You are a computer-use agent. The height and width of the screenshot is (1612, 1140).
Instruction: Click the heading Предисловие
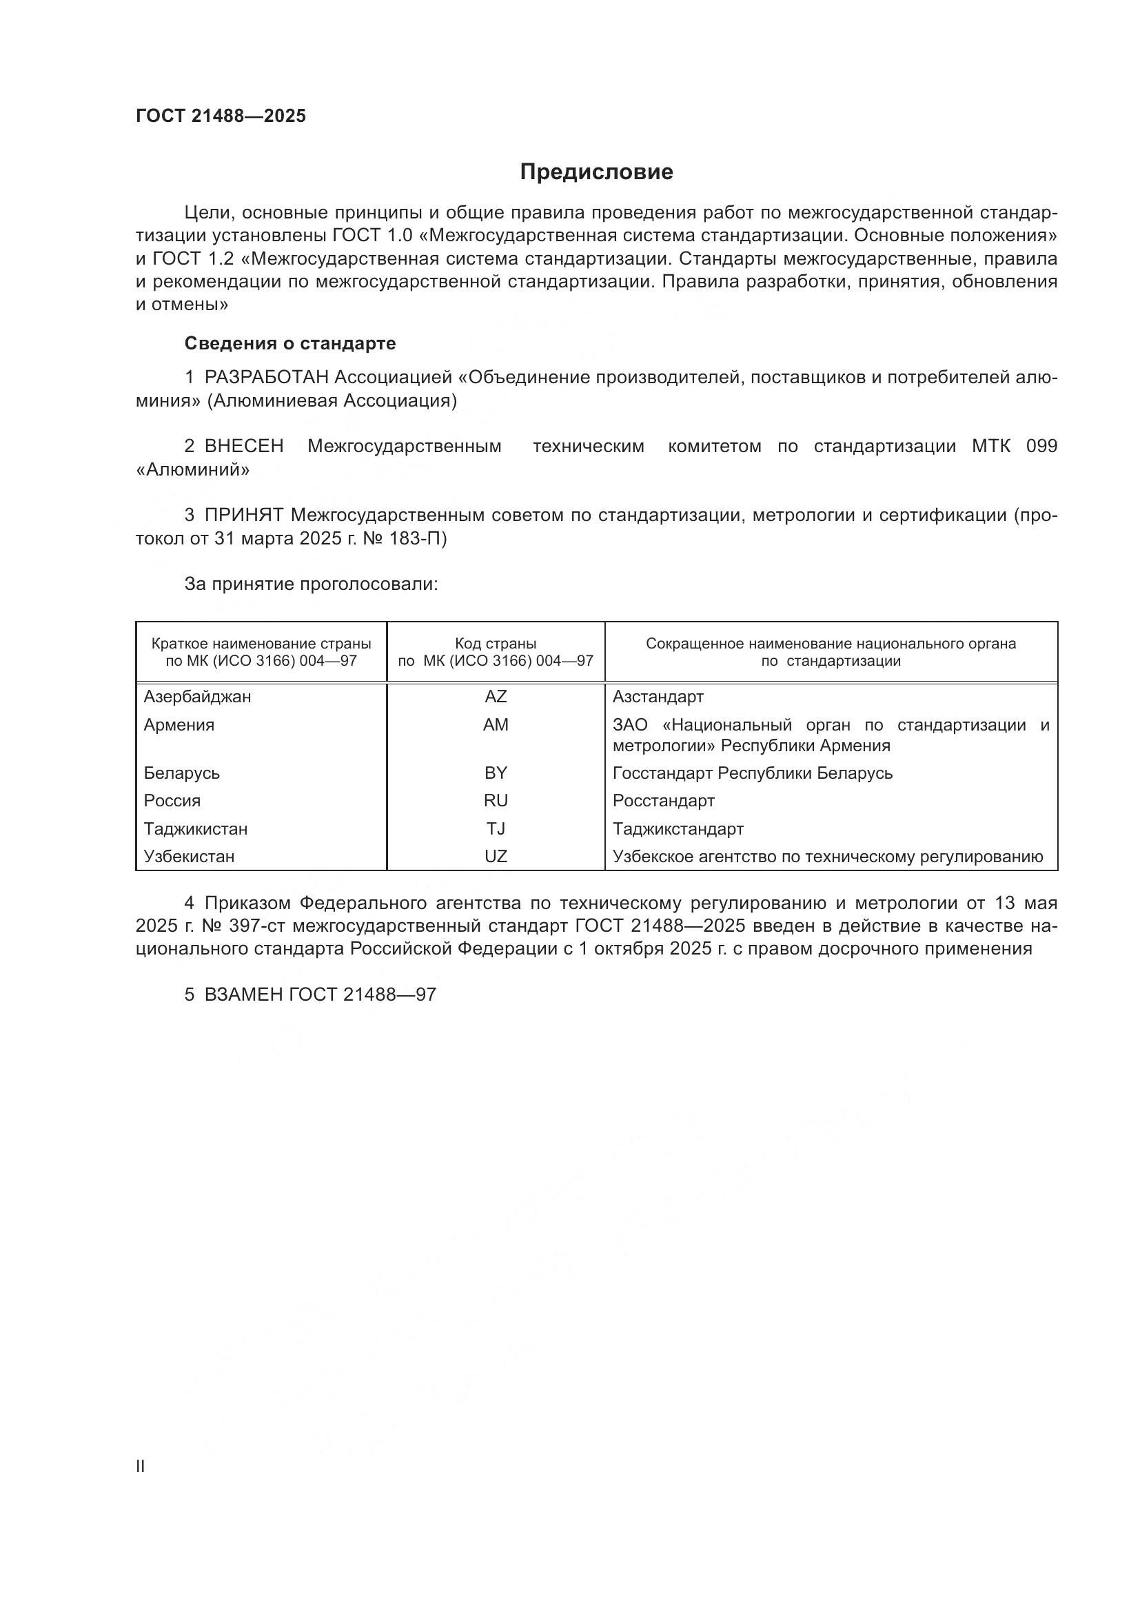pyautogui.click(x=596, y=172)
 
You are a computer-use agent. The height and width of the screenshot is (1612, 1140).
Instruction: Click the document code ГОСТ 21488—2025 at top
pyautogui.click(x=221, y=116)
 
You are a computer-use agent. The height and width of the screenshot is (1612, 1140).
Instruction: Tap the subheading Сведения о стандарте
pyautogui.click(x=290, y=343)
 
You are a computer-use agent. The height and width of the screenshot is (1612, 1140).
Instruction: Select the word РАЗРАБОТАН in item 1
pyautogui.click(x=266, y=378)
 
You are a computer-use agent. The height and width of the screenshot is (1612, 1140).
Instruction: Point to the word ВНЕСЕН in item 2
pyautogui.click(x=243, y=447)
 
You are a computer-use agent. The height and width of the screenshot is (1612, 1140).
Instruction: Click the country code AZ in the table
pyautogui.click(x=496, y=697)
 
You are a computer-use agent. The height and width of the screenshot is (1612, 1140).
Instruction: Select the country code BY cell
pyautogui.click(x=496, y=773)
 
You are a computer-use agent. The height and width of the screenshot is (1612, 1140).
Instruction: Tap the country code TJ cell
pyautogui.click(x=496, y=828)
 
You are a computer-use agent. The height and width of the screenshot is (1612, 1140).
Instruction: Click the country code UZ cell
pyautogui.click(x=496, y=857)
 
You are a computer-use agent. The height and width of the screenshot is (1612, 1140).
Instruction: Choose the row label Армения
pyautogui.click(x=179, y=724)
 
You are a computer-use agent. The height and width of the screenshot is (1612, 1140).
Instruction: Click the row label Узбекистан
pyautogui.click(x=189, y=857)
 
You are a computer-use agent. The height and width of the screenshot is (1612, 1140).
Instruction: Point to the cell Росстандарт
pyautogui.click(x=663, y=801)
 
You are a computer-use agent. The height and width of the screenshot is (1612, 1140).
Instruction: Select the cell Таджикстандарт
pyautogui.click(x=678, y=828)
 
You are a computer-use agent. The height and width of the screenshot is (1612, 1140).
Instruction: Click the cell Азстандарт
pyautogui.click(x=658, y=697)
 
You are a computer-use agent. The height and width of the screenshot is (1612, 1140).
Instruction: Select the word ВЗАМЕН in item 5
pyautogui.click(x=243, y=994)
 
